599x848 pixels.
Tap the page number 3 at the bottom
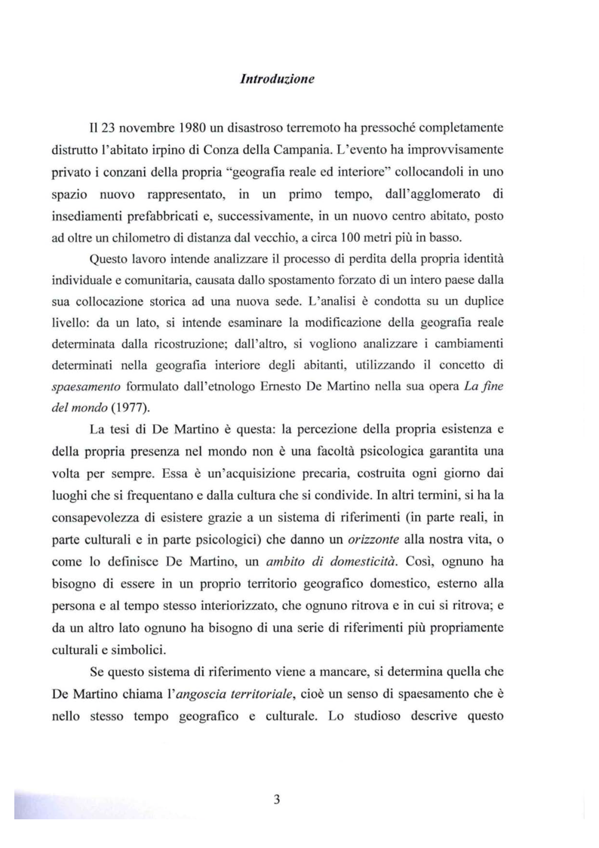[277, 800]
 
